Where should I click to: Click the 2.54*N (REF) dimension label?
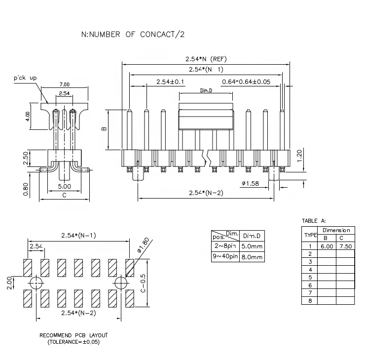[206, 59]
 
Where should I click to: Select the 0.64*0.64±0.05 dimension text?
[246, 81]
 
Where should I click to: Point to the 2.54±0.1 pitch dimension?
[170, 81]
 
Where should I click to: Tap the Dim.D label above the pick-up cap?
[206, 91]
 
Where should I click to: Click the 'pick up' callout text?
[26, 79]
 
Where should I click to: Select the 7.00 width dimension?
[64, 84]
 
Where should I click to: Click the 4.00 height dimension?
[28, 116]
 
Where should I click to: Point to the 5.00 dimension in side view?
[64, 187]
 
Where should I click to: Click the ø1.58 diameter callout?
[251, 184]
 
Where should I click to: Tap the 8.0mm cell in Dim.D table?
[252, 257]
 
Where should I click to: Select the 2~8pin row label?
[225, 246]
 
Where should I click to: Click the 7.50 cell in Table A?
[345, 246]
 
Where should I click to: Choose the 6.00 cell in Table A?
[327, 246]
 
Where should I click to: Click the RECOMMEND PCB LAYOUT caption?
[73, 335]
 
